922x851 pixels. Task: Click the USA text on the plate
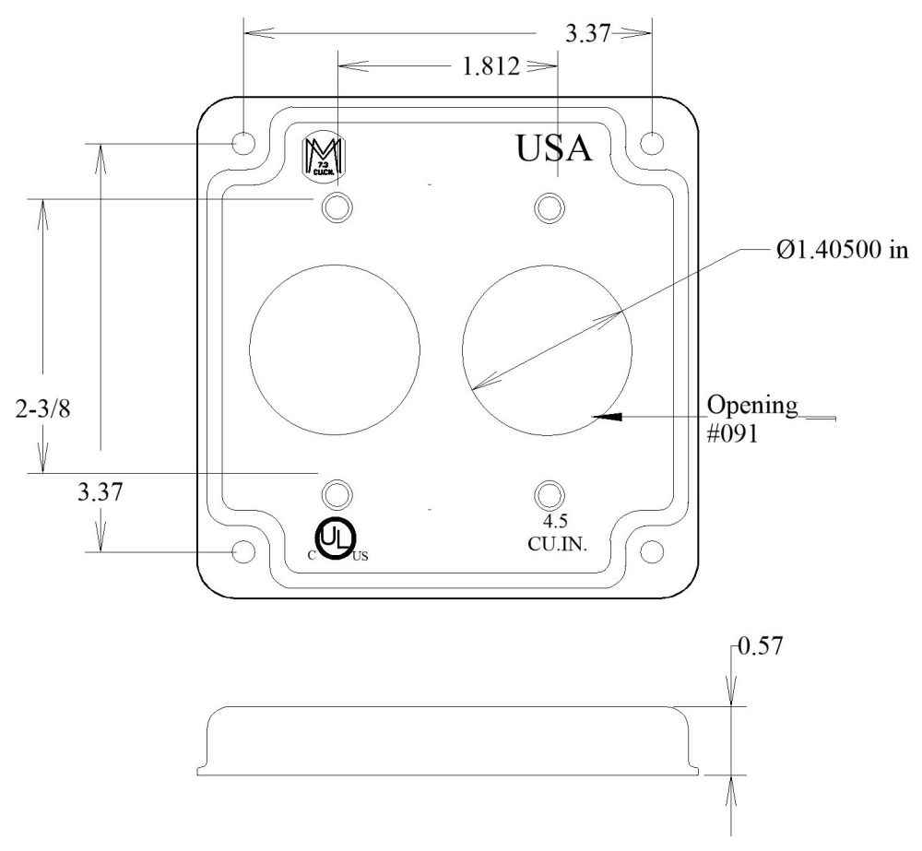(x=552, y=148)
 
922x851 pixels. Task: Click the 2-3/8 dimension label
(x=43, y=408)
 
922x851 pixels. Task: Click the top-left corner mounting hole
(x=243, y=143)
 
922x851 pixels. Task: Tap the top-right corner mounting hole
(x=651, y=143)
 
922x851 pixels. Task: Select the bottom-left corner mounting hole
(x=243, y=551)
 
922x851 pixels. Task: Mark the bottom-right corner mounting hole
(x=651, y=551)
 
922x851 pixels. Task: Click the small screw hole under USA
(x=550, y=207)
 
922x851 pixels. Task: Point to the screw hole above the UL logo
(x=337, y=494)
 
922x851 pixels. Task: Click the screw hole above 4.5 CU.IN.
(x=550, y=494)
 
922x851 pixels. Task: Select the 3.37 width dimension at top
(x=587, y=33)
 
